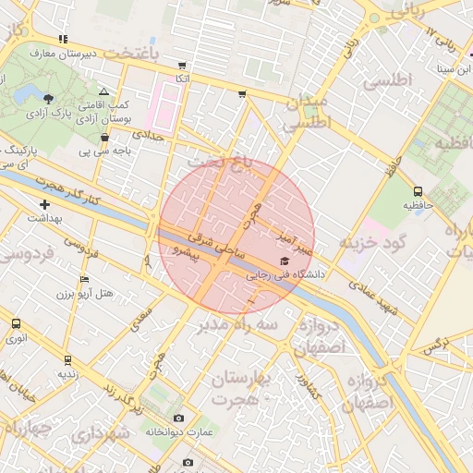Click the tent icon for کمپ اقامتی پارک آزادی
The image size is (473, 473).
pos(103,92)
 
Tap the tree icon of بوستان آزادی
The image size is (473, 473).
pos(48,99)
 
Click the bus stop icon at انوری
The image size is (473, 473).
pos(16,323)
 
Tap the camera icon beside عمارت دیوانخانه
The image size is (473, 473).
pos(178,418)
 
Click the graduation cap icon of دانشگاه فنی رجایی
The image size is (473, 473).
pos(283,261)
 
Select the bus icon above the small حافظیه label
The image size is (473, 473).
pos(418,191)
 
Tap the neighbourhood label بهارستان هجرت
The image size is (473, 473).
pos(248,389)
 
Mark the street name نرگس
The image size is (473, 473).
pos(428,345)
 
